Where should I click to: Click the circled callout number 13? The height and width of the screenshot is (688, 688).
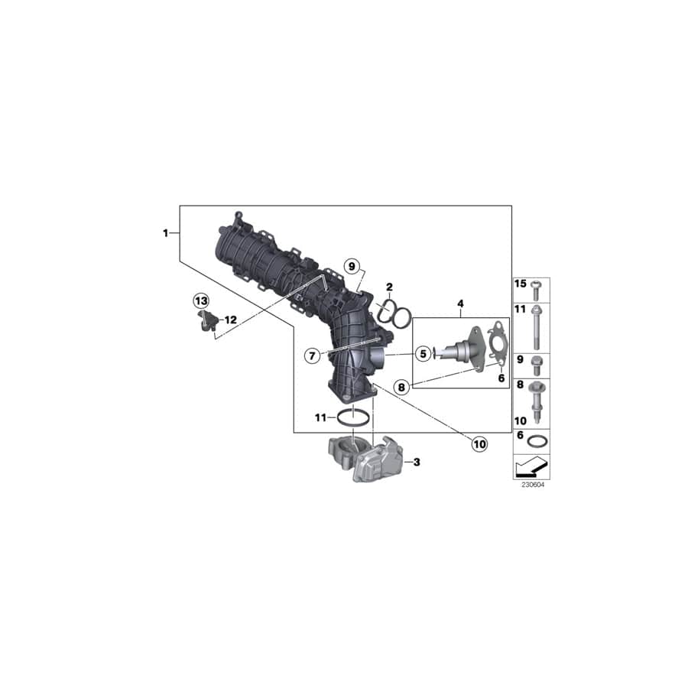pyautogui.click(x=200, y=300)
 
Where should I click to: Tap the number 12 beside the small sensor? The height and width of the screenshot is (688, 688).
pyautogui.click(x=231, y=319)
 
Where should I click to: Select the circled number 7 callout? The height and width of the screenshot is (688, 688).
pyautogui.click(x=311, y=355)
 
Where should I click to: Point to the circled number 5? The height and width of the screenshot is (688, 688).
pyautogui.click(x=421, y=354)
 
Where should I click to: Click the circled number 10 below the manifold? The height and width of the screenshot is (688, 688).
pyautogui.click(x=479, y=443)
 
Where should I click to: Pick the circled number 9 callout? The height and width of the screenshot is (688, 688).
pyautogui.click(x=351, y=267)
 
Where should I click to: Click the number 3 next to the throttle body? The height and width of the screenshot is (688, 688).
pyautogui.click(x=417, y=462)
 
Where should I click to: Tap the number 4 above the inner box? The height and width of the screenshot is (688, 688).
pyautogui.click(x=461, y=304)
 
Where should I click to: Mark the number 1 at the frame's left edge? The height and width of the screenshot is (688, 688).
pyautogui.click(x=165, y=232)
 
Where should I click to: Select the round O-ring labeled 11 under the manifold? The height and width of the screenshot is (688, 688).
pyautogui.click(x=354, y=418)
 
